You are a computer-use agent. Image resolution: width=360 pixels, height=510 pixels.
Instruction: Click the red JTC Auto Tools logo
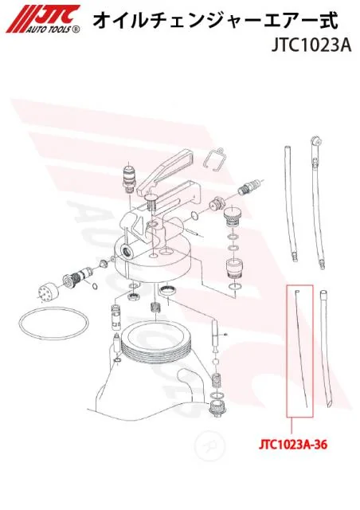43,19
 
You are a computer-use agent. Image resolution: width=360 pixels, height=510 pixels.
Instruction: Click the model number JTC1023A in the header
311,46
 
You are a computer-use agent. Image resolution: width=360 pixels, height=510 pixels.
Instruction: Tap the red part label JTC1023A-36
292,445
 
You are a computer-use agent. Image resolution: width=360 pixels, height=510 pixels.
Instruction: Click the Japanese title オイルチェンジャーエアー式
216,21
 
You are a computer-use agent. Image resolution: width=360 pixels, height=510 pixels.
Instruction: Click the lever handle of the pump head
165,170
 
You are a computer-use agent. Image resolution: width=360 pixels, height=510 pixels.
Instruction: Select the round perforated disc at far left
48,288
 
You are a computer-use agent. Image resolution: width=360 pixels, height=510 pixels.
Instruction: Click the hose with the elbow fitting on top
317,199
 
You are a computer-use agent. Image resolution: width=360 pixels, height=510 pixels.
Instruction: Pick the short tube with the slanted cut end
327,348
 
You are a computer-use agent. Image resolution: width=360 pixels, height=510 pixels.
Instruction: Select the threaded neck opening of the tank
155,342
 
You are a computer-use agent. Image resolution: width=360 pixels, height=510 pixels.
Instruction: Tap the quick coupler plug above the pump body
128,178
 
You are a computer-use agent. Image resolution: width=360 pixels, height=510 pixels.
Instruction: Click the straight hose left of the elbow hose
291,202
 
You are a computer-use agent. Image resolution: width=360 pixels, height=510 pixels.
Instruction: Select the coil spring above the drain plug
217,380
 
